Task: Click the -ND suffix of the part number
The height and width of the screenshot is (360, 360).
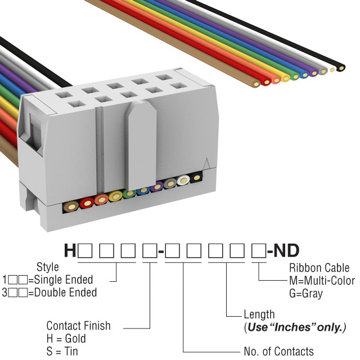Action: click(x=283, y=250)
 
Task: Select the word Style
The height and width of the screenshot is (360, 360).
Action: click(x=47, y=267)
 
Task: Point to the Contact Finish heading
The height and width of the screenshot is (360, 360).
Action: click(x=78, y=326)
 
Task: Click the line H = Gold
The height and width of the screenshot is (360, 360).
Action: click(x=66, y=339)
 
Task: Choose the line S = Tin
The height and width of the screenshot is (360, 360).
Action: click(x=62, y=352)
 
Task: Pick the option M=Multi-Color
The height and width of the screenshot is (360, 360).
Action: click(x=321, y=281)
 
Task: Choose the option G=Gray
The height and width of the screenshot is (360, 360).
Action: click(x=305, y=294)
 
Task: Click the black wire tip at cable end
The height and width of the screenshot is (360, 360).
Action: click(x=341, y=67)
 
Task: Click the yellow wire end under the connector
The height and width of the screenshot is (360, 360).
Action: click(x=115, y=196)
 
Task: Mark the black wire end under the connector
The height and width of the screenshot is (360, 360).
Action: click(x=196, y=178)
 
